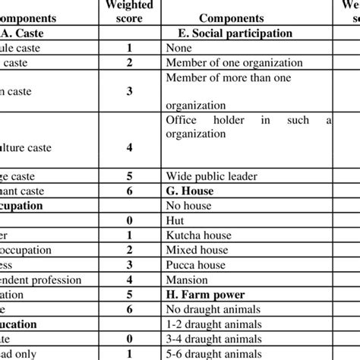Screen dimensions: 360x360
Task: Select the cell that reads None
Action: (178, 48)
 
